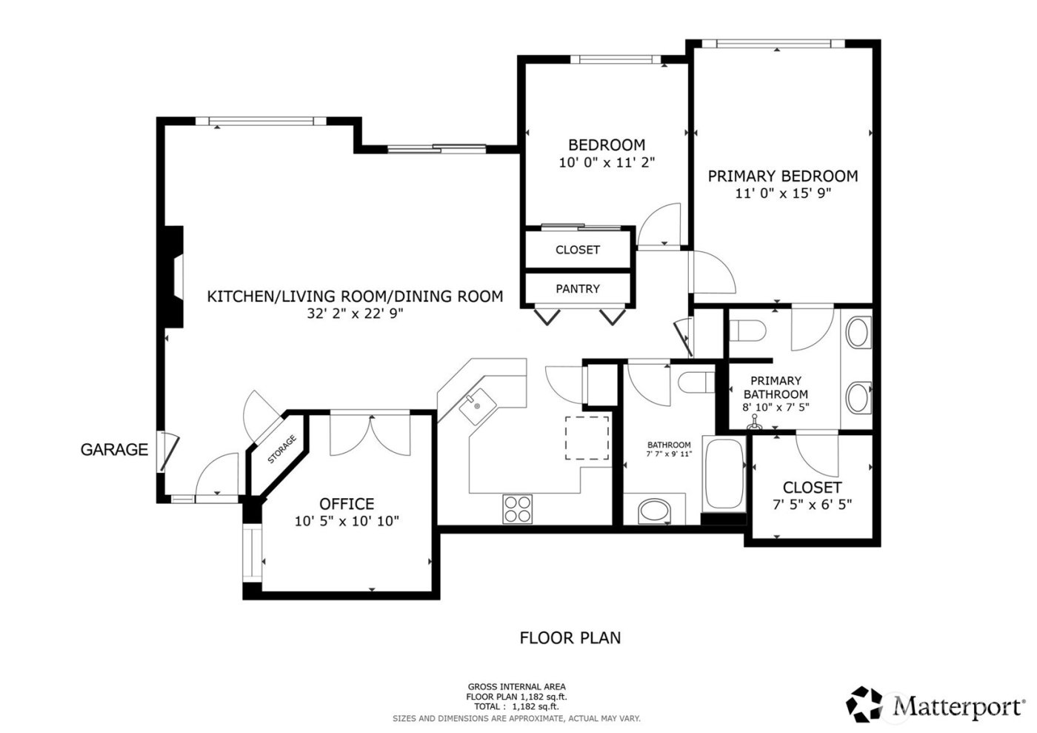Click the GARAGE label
click(x=114, y=449)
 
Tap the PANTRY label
click(x=578, y=289)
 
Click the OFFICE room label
click(x=347, y=504)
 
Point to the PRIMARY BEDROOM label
click(x=783, y=176)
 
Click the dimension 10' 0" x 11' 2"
click(x=607, y=162)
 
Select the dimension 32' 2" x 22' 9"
click(x=355, y=314)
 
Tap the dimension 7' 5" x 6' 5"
click(x=812, y=504)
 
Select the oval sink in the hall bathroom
click(x=655, y=510)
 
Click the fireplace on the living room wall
click(x=173, y=276)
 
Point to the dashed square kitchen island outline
click(x=587, y=438)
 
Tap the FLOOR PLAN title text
click(x=570, y=637)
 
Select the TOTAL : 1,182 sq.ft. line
click(x=516, y=707)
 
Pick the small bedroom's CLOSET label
click(x=578, y=250)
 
